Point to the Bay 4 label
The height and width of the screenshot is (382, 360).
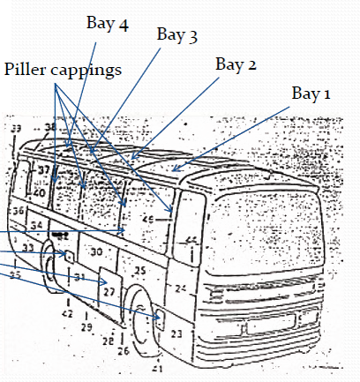(x=108, y=23)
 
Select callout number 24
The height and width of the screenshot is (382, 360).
(x=181, y=288)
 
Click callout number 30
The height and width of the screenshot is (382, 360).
(x=97, y=251)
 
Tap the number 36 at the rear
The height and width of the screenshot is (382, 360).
(x=18, y=211)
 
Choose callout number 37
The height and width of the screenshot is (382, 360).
(x=42, y=169)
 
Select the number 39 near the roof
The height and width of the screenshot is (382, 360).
(x=16, y=129)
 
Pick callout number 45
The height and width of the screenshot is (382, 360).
(x=149, y=219)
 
